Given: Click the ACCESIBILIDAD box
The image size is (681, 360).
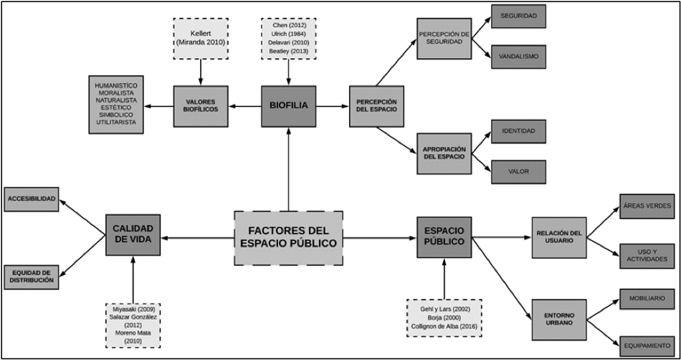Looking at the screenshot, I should (32, 199).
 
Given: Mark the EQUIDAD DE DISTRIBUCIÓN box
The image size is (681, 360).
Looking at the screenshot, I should (32, 276).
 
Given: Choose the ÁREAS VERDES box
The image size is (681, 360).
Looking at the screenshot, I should (647, 206).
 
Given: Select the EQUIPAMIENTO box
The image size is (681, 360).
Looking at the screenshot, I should (647, 345).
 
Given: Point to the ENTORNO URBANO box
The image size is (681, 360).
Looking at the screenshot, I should (559, 319).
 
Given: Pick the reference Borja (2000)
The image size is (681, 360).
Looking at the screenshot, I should (444, 317).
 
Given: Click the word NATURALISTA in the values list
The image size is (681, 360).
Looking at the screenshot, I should (116, 99).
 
